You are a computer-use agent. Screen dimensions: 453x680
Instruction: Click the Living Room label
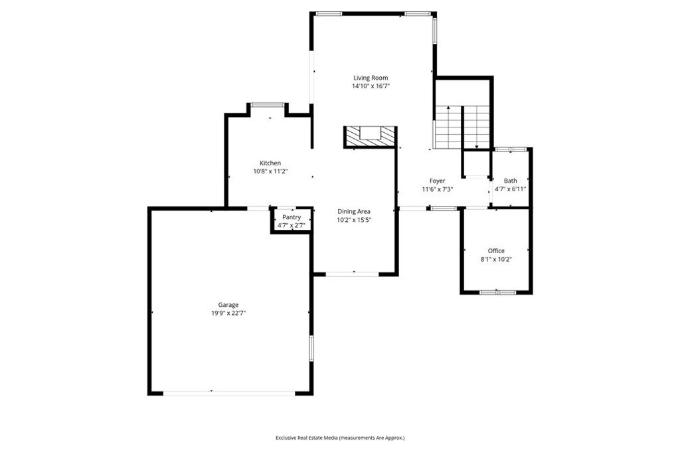pyautogui.click(x=370, y=78)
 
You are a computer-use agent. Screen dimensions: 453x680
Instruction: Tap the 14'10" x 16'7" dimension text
pyautogui.click(x=370, y=86)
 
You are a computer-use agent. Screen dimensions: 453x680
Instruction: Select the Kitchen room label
pyautogui.click(x=270, y=163)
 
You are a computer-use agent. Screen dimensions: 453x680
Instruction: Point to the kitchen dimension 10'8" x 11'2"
pyautogui.click(x=270, y=171)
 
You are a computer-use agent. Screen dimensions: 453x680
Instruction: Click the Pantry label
pyautogui.click(x=292, y=217)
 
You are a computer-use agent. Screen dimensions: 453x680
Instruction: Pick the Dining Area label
pyautogui.click(x=353, y=211)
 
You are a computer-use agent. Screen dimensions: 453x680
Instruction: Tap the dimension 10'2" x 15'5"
pyautogui.click(x=353, y=220)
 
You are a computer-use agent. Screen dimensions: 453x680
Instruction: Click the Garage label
pyautogui.click(x=229, y=305)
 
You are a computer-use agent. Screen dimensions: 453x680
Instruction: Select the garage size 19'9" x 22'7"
pyautogui.click(x=229, y=313)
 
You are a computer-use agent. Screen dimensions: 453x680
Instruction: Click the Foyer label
pyautogui.click(x=437, y=181)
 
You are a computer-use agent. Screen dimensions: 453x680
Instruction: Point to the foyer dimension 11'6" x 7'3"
pyautogui.click(x=437, y=189)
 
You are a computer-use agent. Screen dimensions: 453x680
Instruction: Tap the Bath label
pyautogui.click(x=510, y=181)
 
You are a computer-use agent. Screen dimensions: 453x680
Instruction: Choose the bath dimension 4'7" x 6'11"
pyautogui.click(x=510, y=189)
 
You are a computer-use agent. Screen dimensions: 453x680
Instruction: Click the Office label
pyautogui.click(x=496, y=250)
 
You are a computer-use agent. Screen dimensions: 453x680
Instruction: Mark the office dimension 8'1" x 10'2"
pyautogui.click(x=496, y=259)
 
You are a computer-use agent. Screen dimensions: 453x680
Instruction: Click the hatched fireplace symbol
pyautogui.click(x=370, y=136)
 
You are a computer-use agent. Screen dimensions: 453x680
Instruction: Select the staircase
pyautogui.click(x=462, y=127)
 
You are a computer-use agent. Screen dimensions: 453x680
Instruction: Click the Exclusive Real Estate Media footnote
pyautogui.click(x=340, y=438)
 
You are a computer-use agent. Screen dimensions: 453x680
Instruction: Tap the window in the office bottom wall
pyautogui.click(x=497, y=292)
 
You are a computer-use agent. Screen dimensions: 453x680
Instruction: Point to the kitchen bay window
pyautogui.click(x=268, y=104)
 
